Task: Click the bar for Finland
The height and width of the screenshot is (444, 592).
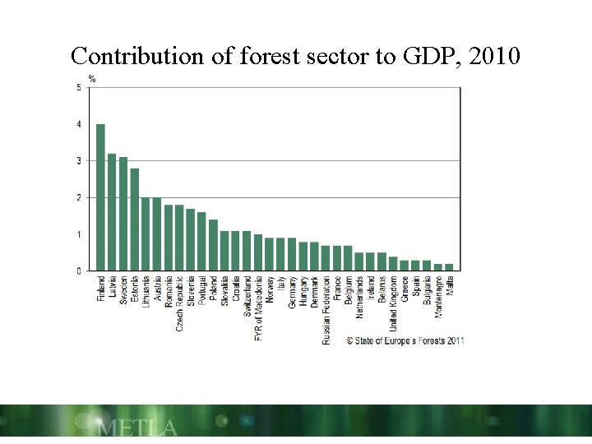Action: (x=100, y=197)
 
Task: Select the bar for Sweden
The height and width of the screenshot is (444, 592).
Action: (x=123, y=214)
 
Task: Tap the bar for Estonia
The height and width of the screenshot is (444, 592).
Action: (x=135, y=220)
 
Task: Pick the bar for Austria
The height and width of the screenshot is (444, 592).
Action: (x=157, y=234)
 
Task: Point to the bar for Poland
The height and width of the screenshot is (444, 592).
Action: (x=213, y=245)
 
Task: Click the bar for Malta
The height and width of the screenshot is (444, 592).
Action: (x=449, y=267)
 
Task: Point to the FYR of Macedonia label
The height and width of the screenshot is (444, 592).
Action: (x=258, y=308)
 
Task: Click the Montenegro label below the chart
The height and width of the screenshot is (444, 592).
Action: (x=437, y=298)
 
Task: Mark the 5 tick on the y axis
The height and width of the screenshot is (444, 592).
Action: (x=79, y=88)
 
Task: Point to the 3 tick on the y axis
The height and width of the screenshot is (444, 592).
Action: (x=79, y=161)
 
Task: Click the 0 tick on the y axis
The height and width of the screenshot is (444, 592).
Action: (x=79, y=271)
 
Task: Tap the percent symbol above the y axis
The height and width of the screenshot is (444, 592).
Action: (x=92, y=79)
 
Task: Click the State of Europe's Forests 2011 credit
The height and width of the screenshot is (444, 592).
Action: (x=405, y=340)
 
